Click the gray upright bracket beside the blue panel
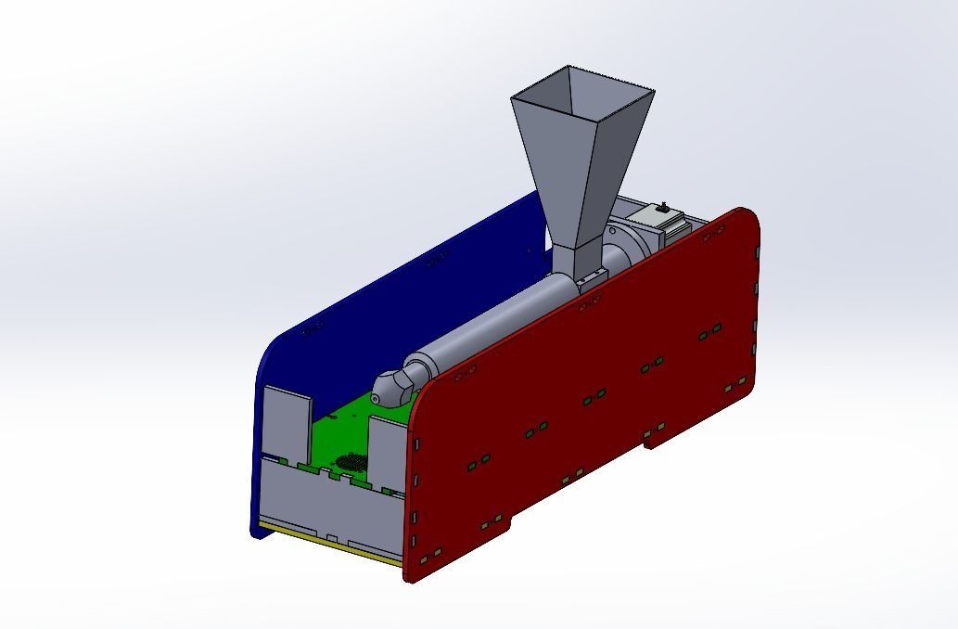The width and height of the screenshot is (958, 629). click(x=287, y=422)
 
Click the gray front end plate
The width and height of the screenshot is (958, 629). click(x=325, y=506)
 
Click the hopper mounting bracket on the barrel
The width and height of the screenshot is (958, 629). click(x=588, y=277)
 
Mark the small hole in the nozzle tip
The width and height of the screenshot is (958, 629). click(x=377, y=398)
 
